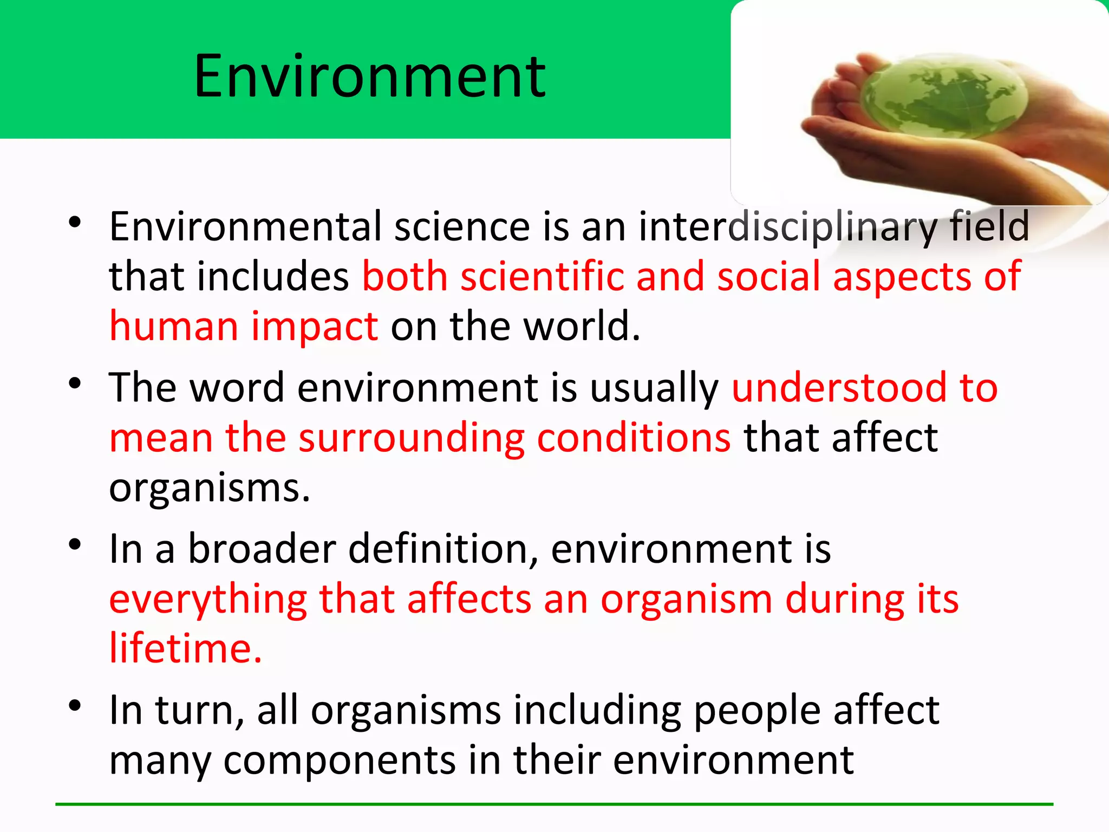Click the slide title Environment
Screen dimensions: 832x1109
(370, 77)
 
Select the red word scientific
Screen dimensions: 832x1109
(542, 277)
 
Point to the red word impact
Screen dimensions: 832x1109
(314, 327)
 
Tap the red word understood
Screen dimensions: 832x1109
(839, 388)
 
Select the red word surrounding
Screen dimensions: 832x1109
(412, 438)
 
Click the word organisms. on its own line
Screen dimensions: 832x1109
(210, 489)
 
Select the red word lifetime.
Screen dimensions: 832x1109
(185, 648)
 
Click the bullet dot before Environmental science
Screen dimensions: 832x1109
(75, 222)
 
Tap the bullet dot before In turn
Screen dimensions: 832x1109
(75, 706)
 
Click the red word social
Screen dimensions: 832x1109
(768, 277)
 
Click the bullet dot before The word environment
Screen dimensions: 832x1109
(75, 383)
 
